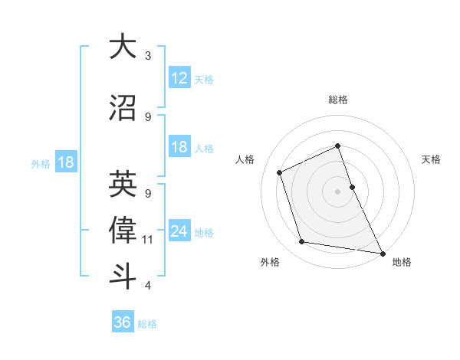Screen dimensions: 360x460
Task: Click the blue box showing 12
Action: coord(179,77)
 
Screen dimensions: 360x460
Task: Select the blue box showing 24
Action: coord(179,231)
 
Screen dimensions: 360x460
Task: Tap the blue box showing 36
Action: coord(123,322)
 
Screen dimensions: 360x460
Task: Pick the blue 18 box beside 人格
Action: coord(179,147)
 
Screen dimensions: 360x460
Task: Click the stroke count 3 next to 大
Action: coord(148,56)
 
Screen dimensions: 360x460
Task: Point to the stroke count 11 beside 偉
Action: coord(148,240)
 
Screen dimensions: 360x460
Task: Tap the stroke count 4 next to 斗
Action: coord(148,286)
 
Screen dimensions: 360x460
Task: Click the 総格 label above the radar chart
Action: coord(337,100)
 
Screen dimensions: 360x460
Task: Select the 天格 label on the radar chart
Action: coord(431,159)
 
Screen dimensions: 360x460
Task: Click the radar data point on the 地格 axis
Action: coord(382,252)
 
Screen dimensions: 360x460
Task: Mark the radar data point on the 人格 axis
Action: coord(280,172)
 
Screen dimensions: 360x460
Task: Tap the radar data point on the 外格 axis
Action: coord(302,242)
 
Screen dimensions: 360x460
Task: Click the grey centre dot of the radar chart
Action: coord(337,191)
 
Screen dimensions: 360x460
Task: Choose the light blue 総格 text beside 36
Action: coord(147,324)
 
